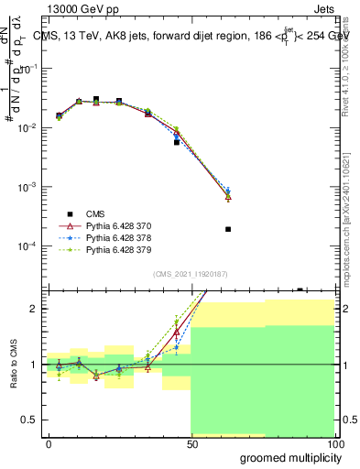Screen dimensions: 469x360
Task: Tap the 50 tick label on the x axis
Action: point(191,443)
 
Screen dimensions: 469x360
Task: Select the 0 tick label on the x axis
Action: point(49,443)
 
